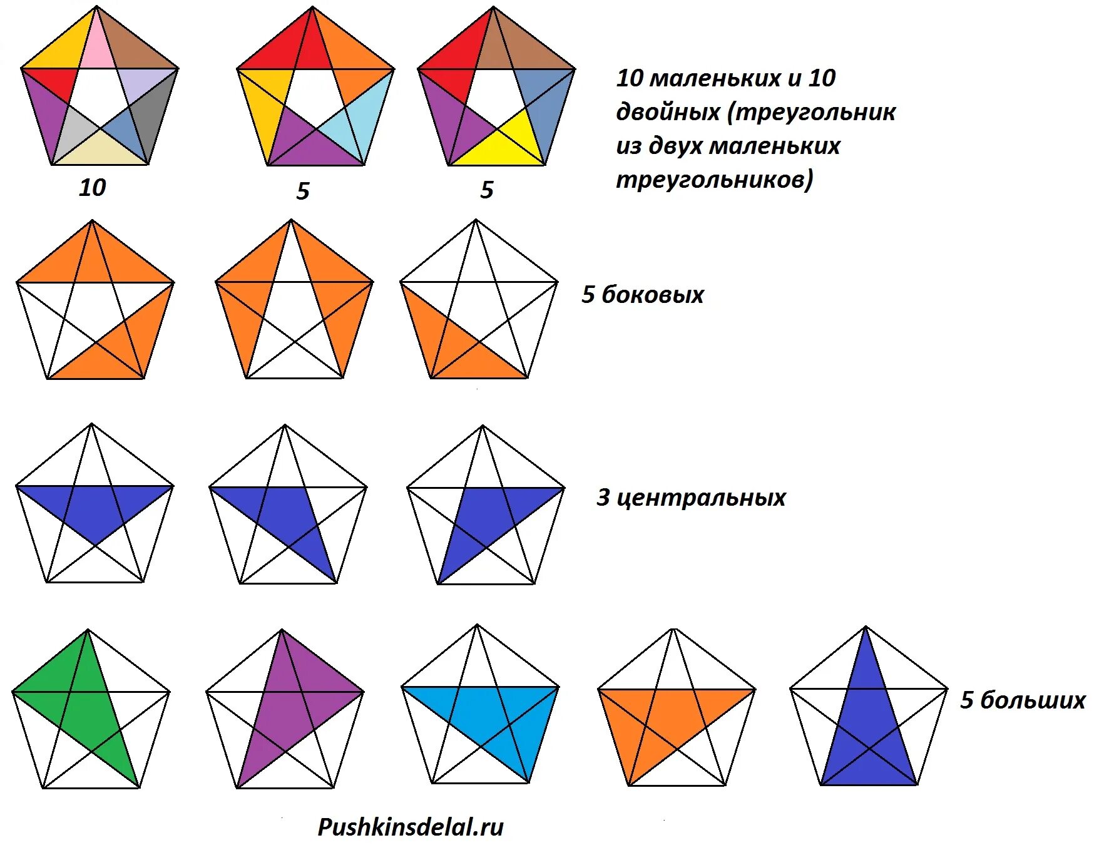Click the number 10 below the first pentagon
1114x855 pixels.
click(x=93, y=188)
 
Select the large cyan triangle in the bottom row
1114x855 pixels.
click(x=488, y=714)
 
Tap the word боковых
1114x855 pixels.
click(x=653, y=295)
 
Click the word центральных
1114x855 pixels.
click(x=701, y=498)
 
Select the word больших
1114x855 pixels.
click(x=1033, y=700)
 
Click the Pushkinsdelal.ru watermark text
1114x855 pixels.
click(x=411, y=827)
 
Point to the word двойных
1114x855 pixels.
click(x=668, y=113)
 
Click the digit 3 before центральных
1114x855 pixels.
click(x=603, y=498)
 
